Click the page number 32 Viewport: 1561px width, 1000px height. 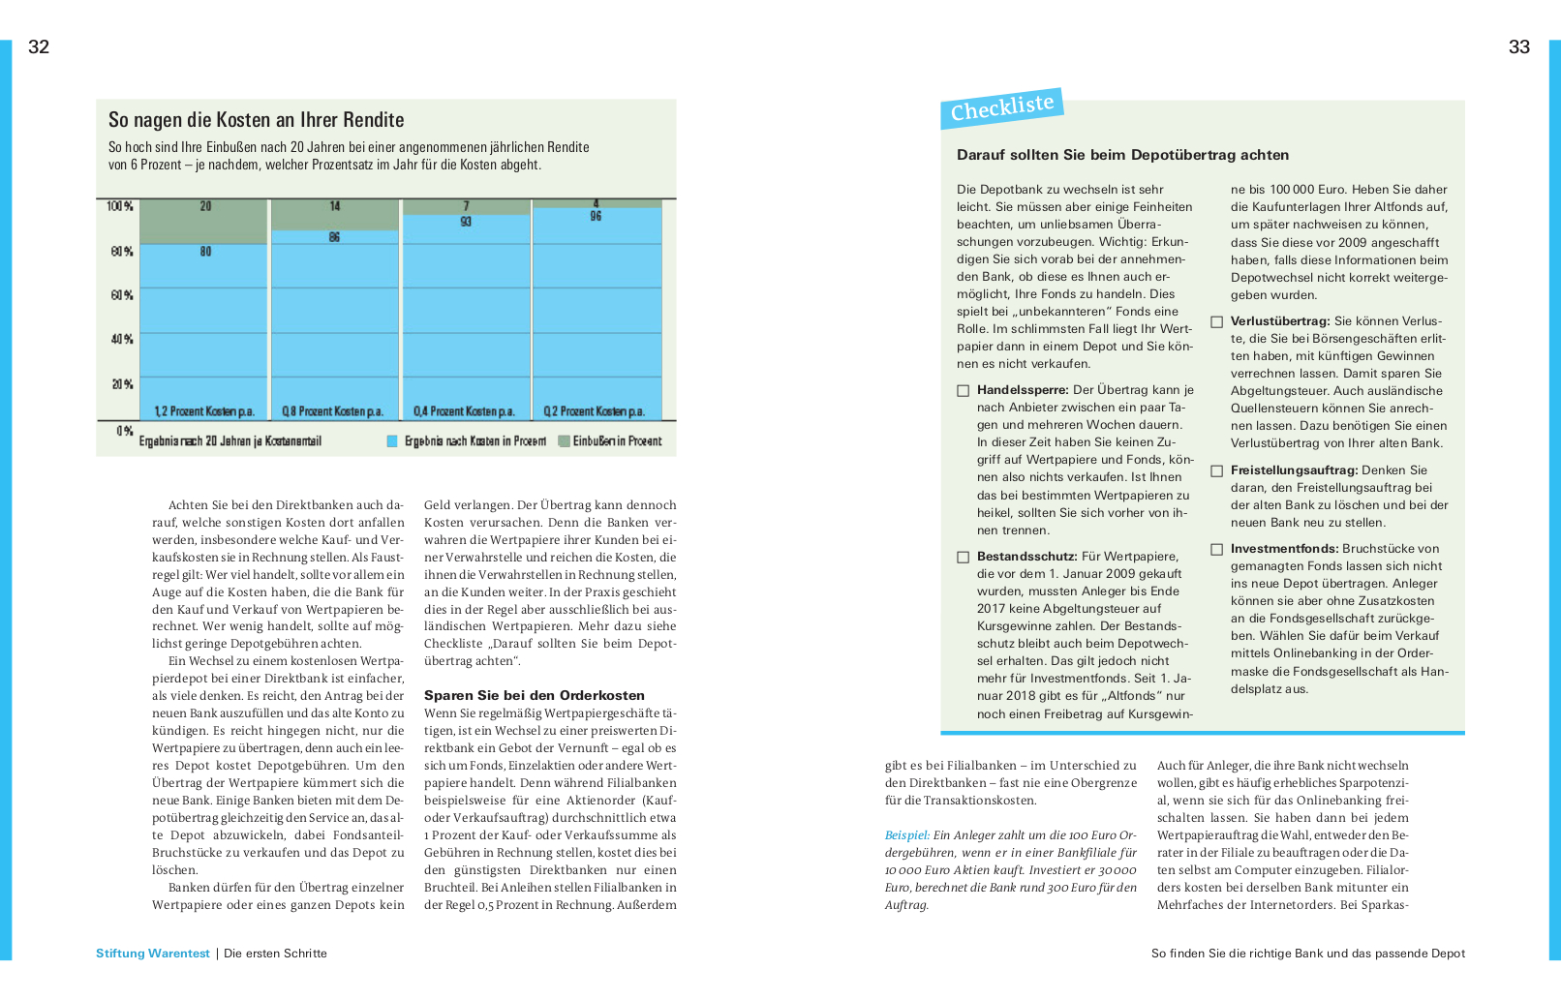pyautogui.click(x=39, y=46)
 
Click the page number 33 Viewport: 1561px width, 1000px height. pyautogui.click(x=1518, y=46)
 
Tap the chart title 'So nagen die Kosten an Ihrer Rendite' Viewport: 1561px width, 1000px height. pyautogui.click(x=256, y=120)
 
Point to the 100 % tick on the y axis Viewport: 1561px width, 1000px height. pyautogui.click(x=120, y=206)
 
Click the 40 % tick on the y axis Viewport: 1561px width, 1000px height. pyautogui.click(x=121, y=340)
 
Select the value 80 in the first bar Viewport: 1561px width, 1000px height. pyautogui.click(x=205, y=252)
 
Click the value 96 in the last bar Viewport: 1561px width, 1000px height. pyautogui.click(x=596, y=216)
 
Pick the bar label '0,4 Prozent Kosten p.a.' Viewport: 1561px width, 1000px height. pyautogui.click(x=464, y=411)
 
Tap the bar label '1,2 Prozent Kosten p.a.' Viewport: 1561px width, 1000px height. pyautogui.click(x=204, y=411)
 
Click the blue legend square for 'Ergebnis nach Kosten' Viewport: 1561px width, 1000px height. pyautogui.click(x=392, y=441)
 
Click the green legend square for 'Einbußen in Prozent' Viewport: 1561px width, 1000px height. pyautogui.click(x=564, y=441)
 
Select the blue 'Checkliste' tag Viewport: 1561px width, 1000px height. pyautogui.click(x=1001, y=107)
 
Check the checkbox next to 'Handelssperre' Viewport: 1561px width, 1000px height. pyautogui.click(x=963, y=391)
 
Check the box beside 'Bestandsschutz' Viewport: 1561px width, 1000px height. pyautogui.click(x=963, y=558)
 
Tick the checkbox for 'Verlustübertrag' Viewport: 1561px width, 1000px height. pyautogui.click(x=1216, y=322)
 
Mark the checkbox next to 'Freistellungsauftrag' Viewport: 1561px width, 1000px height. pyautogui.click(x=1216, y=471)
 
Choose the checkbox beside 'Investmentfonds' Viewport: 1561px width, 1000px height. pyautogui.click(x=1216, y=550)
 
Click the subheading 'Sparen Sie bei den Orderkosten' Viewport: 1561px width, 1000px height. pyautogui.click(x=534, y=695)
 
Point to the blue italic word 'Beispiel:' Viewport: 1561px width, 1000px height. pyautogui.click(x=906, y=835)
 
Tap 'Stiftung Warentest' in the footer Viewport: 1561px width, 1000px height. pyautogui.click(x=152, y=954)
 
